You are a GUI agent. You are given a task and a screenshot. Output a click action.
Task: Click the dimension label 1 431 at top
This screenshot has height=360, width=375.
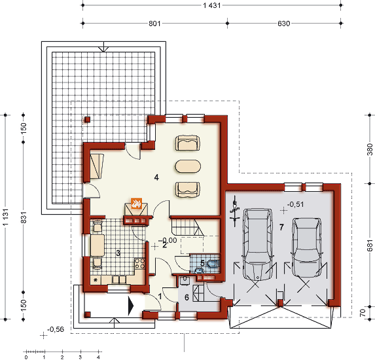[x=212, y=5]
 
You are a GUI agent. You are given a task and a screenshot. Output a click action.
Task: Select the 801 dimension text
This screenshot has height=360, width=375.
[x=154, y=24]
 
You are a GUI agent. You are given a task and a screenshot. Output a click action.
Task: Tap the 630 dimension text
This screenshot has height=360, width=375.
[x=284, y=24]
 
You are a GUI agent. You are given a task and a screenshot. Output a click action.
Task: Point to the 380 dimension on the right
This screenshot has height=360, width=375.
[x=370, y=149]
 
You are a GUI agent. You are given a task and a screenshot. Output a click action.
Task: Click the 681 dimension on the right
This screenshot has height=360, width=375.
[x=370, y=245]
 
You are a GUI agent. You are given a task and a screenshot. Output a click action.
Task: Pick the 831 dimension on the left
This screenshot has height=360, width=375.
[x=24, y=217]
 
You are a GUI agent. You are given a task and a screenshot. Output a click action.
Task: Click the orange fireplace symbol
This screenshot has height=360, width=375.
[x=136, y=204]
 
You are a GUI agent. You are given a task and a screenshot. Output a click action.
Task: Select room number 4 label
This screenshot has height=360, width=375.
[x=156, y=177]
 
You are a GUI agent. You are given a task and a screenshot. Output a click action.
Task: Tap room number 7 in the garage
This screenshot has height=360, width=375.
[x=281, y=227]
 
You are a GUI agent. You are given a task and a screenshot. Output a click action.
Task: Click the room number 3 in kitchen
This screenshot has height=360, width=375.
[x=118, y=253]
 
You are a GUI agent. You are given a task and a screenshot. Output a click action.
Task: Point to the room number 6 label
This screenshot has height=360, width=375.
[x=187, y=297]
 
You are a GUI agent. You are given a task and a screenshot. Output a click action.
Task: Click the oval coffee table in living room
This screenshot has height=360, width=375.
[x=188, y=166]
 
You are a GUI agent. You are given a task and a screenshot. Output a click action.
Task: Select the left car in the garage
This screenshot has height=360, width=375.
[x=258, y=244]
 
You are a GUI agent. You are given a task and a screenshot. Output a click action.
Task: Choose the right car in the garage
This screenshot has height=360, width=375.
[x=306, y=247]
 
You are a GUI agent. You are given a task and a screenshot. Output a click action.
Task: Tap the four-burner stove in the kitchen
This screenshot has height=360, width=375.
[x=139, y=263]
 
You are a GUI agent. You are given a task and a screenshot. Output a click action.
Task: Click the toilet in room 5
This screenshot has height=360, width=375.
[x=213, y=263]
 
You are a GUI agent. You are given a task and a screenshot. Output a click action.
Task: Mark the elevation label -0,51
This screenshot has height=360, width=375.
[x=295, y=204]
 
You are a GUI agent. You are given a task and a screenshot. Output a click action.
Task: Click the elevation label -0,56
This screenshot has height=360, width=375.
[x=56, y=329]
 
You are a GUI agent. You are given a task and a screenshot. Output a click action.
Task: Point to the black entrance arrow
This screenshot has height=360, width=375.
[x=131, y=306]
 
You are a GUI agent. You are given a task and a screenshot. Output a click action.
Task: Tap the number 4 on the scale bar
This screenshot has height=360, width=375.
[x=98, y=357]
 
